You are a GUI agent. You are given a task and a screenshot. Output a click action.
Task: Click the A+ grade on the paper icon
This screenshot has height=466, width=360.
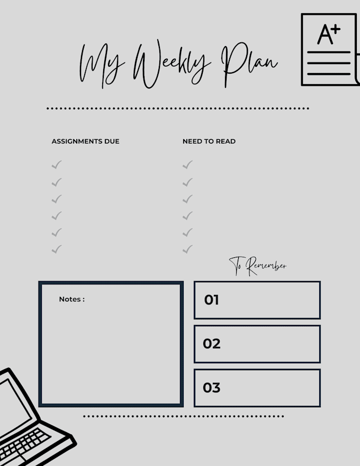coord(329,34)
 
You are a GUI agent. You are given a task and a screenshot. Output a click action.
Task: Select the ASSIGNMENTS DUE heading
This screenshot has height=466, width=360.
coord(85,141)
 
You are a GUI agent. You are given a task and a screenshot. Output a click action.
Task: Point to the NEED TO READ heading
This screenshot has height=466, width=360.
coord(209,141)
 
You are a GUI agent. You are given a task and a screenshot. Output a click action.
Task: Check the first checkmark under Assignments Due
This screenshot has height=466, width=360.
coord(57,165)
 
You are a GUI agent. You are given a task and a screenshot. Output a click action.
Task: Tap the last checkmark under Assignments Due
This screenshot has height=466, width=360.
coord(57,249)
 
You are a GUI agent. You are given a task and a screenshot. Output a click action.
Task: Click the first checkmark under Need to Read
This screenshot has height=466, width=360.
coord(187,165)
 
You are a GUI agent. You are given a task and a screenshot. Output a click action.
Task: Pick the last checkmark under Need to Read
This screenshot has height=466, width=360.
coord(187,249)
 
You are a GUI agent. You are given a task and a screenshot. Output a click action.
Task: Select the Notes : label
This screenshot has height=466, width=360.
coord(71,299)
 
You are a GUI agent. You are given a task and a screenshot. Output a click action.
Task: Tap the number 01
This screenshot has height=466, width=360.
coord(212,300)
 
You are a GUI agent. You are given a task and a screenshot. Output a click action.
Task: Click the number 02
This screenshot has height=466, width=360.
coord(212,344)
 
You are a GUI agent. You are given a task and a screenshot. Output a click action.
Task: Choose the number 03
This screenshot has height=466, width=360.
coord(212,388)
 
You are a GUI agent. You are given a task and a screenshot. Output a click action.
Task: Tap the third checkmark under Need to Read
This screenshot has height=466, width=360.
coord(187,199)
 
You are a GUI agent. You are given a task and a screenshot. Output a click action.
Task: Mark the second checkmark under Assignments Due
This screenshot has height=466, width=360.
coord(57,182)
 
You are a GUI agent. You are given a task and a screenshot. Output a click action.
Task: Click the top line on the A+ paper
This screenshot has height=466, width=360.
coord(328,52)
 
